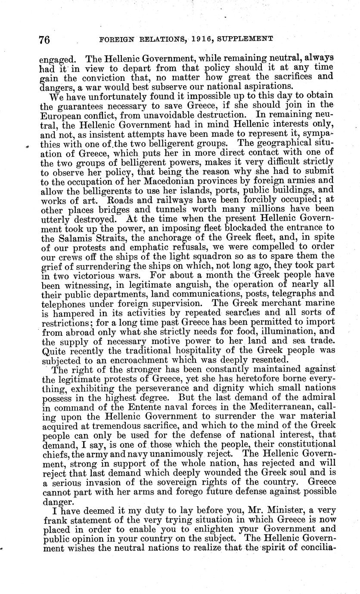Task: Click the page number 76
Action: (x=44, y=40)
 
